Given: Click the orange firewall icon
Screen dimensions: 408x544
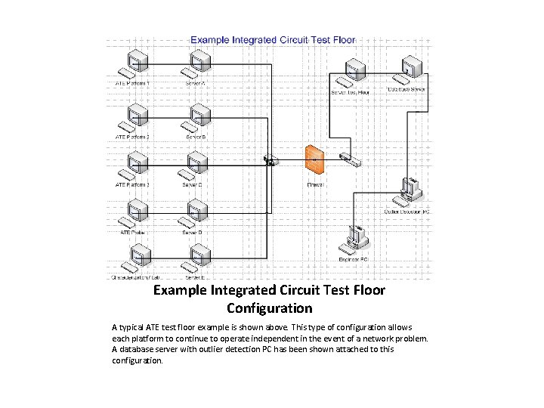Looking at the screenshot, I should pos(313,159).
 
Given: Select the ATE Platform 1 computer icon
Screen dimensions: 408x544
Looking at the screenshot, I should pos(134,65).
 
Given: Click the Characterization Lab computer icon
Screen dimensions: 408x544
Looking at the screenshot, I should pos(134,259).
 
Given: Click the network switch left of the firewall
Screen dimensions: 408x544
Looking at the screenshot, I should pos(270,159).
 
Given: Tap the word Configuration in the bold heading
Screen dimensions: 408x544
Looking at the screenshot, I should pos(269,308).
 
